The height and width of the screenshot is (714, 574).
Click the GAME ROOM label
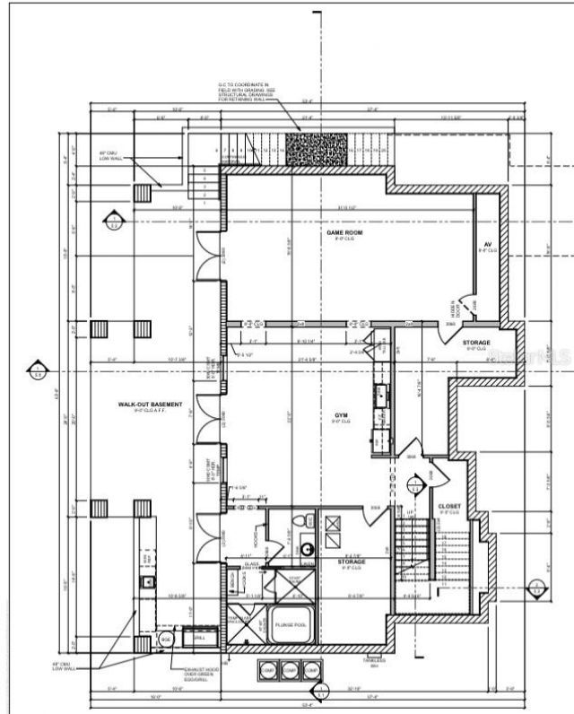coord(340,233)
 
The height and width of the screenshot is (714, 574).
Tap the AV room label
coord(487,245)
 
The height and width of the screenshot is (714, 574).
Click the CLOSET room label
coord(448,508)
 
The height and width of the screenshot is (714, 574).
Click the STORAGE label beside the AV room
coord(476,344)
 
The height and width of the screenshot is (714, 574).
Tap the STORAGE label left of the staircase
coord(351,562)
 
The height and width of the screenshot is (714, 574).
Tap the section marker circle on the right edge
coord(535,589)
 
